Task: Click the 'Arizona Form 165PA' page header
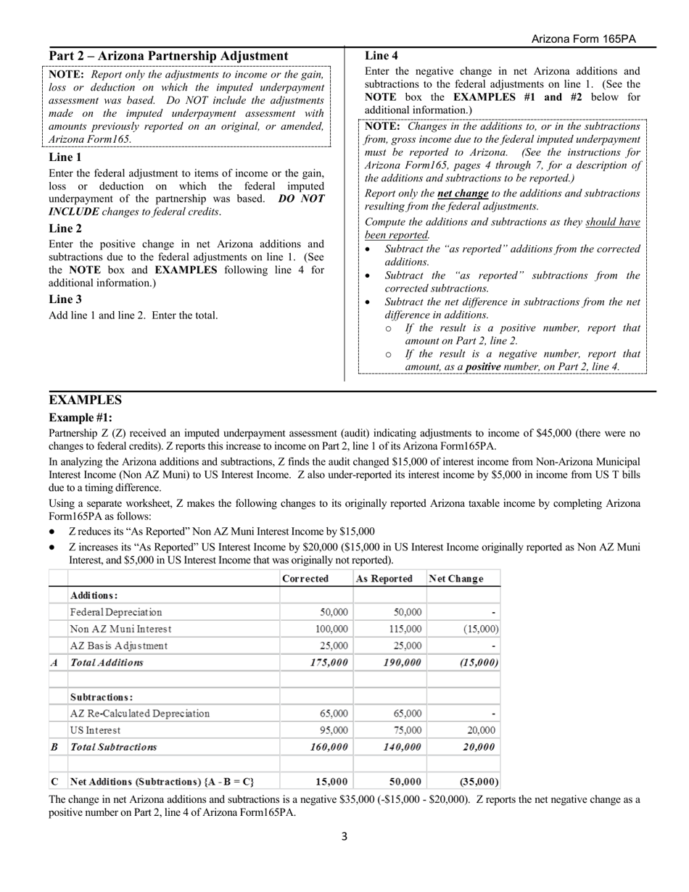coord(583,39)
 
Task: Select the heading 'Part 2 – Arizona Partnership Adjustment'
coord(168,57)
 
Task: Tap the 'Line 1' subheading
coord(65,157)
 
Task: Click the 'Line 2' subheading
coord(65,228)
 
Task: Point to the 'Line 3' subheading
coord(65,299)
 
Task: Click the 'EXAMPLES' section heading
coord(85,400)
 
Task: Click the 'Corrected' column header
coord(305,579)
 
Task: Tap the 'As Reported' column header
coord(384,579)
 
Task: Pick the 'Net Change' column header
coord(454,579)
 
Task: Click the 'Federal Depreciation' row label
coord(116,612)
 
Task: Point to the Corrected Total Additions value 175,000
coord(330,662)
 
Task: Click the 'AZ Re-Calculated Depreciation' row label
coord(140,714)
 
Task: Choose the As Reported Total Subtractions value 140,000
coord(403,747)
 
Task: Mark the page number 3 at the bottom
coord(344,836)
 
